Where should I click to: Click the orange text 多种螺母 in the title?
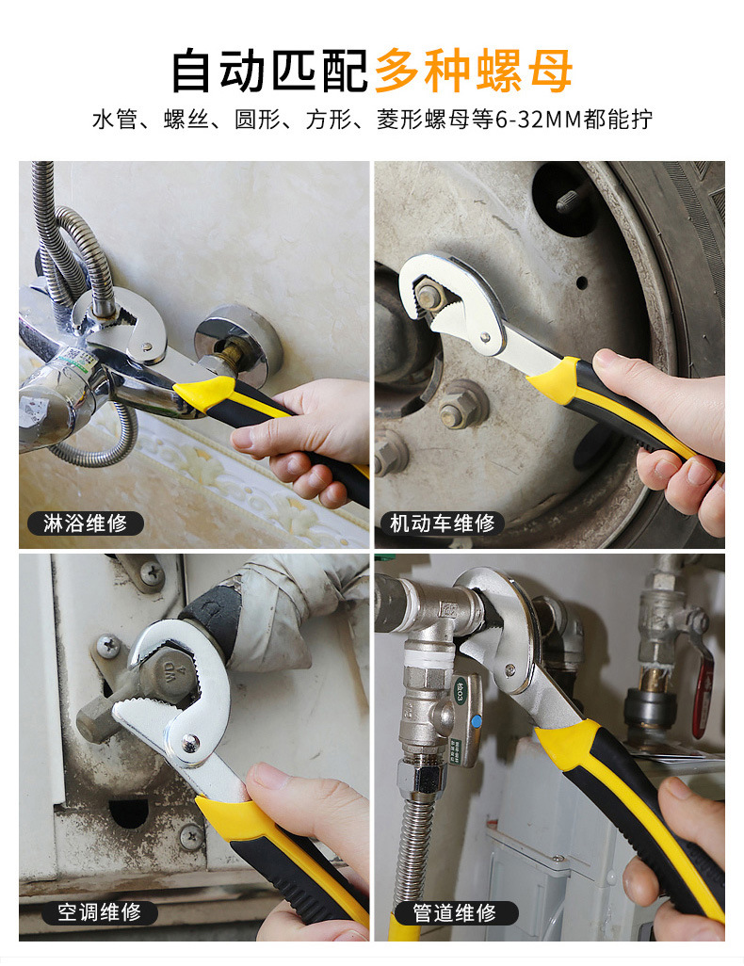(474, 71)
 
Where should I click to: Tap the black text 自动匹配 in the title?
(269, 71)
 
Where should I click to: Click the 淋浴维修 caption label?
(85, 523)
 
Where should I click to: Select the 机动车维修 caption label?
(442, 523)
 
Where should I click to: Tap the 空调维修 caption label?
(99, 911)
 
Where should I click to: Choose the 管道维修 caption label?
(454, 912)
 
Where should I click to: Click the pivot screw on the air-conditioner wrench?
(190, 744)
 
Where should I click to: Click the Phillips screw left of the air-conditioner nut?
(108, 647)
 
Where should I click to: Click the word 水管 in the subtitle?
(115, 119)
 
